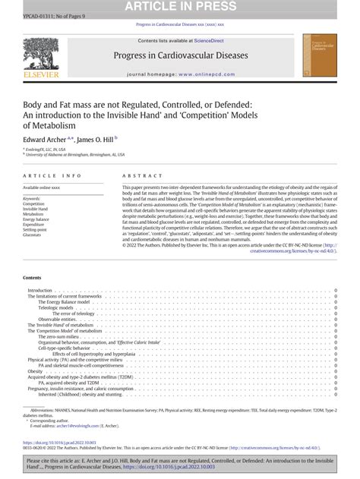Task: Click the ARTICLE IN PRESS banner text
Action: tap(179, 7)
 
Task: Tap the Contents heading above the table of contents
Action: tap(32, 257)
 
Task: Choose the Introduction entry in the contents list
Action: tap(39, 269)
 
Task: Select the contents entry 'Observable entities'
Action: tap(57, 298)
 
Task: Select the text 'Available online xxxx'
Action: tap(43, 187)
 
